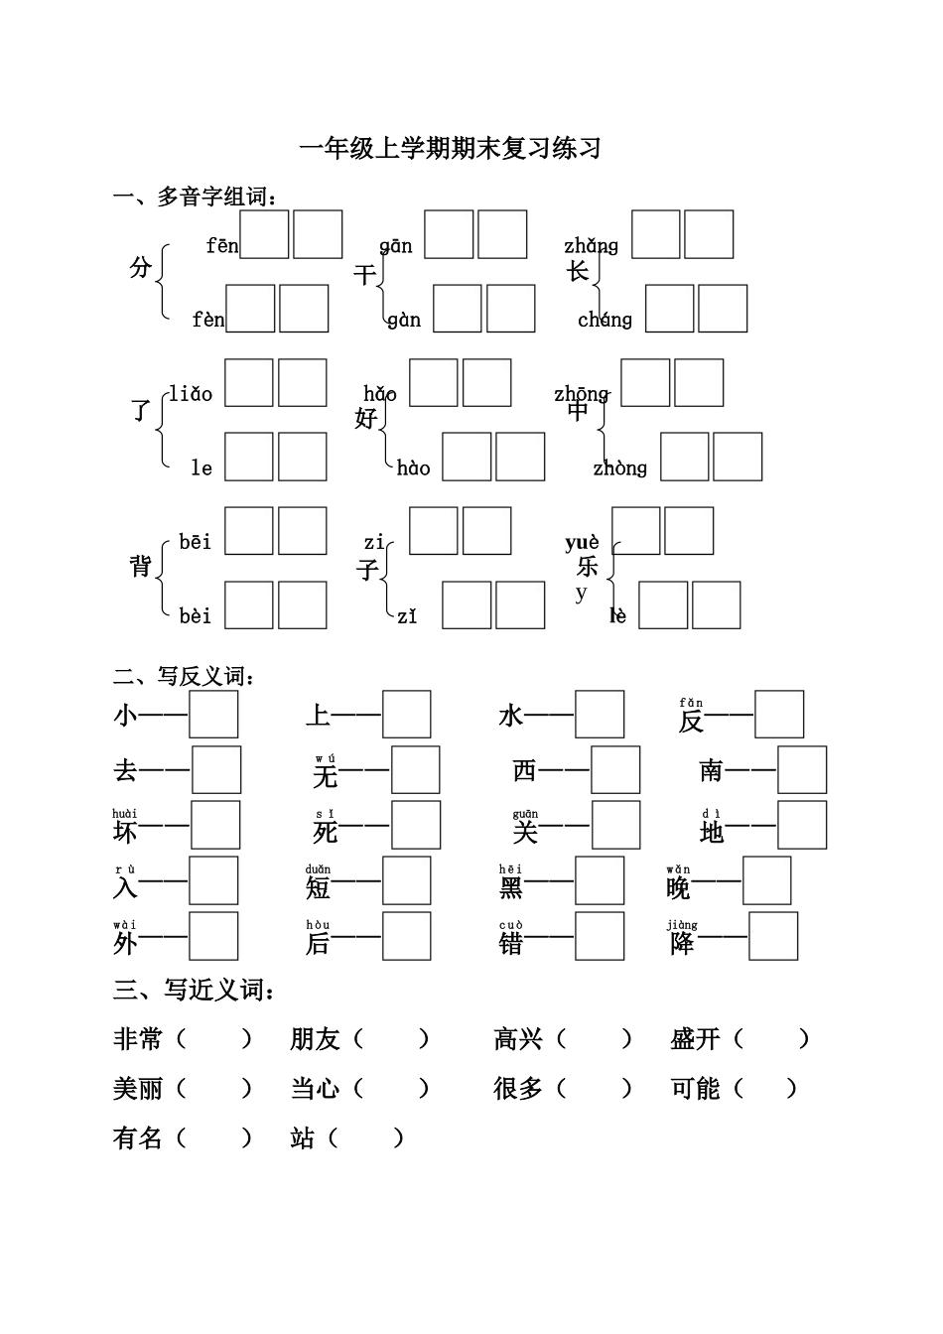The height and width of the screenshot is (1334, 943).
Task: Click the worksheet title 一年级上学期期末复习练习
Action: point(450,149)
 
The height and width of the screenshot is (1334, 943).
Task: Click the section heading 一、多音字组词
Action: point(196,197)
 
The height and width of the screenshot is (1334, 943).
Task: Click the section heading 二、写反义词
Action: point(185,677)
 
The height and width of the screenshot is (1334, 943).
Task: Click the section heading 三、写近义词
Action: point(195,990)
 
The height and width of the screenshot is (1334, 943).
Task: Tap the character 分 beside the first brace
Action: point(141,267)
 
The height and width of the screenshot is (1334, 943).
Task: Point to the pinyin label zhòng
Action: point(619,467)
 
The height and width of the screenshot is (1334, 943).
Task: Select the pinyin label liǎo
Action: point(191,394)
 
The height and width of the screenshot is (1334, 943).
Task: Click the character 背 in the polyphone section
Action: point(141,566)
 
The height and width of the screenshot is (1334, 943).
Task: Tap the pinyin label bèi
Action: point(196,616)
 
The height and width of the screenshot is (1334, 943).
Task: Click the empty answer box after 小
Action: point(213,715)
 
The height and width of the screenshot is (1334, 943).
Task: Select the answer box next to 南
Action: point(802,770)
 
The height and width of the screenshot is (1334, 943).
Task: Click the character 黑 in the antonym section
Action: point(511,886)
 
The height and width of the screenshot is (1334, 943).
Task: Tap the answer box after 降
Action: point(773,936)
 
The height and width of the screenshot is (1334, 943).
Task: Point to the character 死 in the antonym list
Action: point(326,832)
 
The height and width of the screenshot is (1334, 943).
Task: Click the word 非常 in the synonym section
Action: point(138,1039)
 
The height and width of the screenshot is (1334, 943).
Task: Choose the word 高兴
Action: point(518,1039)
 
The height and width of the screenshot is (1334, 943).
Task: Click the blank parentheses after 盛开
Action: point(772,1039)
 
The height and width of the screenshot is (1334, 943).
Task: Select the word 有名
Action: point(138,1137)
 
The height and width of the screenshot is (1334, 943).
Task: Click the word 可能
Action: point(695,1089)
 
